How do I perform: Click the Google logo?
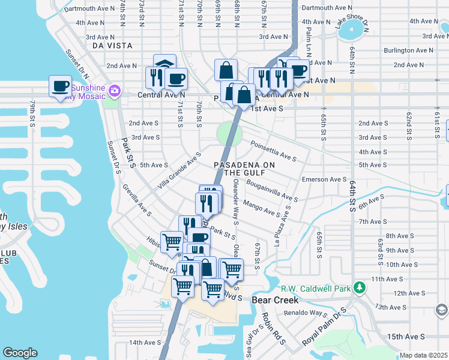pos(20,353)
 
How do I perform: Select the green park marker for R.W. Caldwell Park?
pos(359,288)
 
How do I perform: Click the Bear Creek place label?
pos(271,299)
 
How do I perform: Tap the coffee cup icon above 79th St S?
pos(60,87)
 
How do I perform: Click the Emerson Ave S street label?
pos(324,179)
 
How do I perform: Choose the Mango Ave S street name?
pos(262,209)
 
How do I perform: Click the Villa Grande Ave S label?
pos(179,169)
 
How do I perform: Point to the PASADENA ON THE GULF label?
pos(244,169)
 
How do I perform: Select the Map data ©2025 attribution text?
pos(424,355)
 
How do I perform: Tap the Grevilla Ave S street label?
pos(137,200)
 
